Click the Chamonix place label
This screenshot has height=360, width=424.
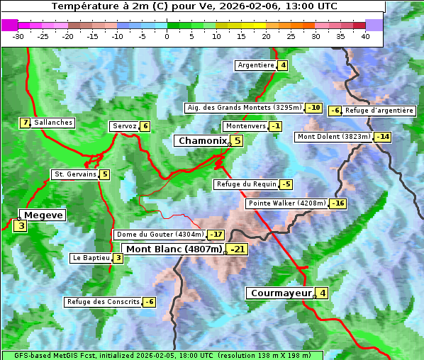(202, 141)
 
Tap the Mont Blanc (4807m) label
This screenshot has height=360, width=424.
(174, 249)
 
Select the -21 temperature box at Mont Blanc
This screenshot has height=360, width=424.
(238, 249)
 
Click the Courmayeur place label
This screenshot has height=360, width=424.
(281, 293)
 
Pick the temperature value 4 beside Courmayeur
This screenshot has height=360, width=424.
(323, 293)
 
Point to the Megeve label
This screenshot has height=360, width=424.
(43, 215)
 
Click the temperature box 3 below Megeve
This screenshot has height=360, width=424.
(21, 227)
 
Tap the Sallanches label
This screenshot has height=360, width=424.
(53, 123)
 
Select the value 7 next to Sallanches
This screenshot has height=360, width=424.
(26, 123)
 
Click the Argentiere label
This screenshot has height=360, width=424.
(256, 65)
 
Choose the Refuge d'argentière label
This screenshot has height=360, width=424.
(379, 111)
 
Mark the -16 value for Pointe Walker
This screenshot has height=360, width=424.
(338, 203)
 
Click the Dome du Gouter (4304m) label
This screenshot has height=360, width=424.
(160, 235)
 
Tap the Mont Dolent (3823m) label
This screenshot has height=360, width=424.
(334, 137)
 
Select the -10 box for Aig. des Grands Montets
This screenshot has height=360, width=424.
(314, 108)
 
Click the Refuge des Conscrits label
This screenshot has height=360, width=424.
(103, 302)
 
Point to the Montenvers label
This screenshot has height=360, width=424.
(245, 126)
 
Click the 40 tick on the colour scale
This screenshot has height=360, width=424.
(365, 36)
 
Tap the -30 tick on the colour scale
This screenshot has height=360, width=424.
(18, 36)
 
